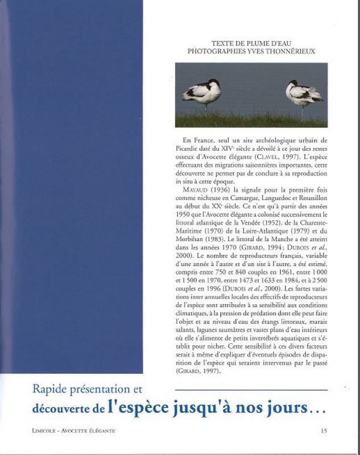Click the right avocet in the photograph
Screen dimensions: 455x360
pos(304,92)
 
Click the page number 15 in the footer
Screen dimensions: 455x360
pos(324,431)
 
